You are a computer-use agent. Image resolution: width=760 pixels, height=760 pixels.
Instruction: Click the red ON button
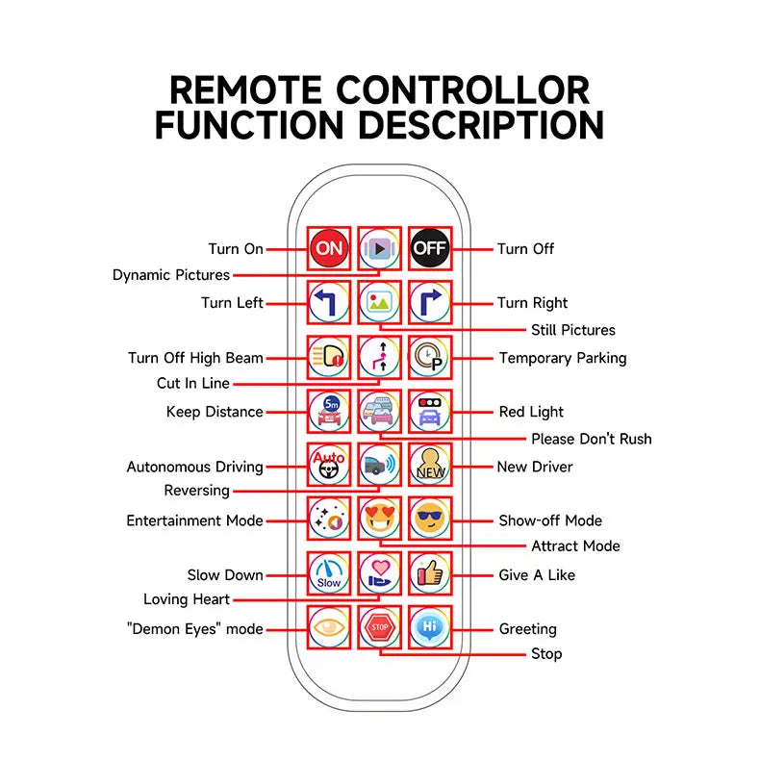point(329,248)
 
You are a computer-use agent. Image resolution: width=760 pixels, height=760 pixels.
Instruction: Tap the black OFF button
point(429,248)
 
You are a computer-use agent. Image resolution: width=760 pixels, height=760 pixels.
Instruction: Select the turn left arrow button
point(329,303)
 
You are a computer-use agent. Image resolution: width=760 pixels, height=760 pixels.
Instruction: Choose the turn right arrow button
point(429,303)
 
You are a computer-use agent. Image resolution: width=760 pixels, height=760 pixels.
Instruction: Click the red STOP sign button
point(379,627)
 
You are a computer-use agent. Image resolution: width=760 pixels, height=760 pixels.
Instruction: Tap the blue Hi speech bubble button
point(429,627)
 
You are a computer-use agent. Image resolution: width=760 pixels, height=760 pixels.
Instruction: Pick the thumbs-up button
point(429,574)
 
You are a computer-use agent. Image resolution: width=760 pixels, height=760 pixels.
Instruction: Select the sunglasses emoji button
point(429,520)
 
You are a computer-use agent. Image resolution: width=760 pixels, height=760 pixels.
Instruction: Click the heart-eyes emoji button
point(379,520)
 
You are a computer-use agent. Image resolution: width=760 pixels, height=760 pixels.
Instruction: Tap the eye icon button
point(329,627)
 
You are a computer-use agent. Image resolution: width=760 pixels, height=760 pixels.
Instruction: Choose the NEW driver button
point(429,466)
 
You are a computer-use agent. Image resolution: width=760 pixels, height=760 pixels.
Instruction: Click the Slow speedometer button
point(329,574)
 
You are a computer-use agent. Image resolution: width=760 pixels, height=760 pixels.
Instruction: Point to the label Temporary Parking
point(562,358)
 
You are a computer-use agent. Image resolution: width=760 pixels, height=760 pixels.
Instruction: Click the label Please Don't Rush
point(591,439)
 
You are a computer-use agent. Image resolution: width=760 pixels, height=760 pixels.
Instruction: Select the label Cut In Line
point(193,383)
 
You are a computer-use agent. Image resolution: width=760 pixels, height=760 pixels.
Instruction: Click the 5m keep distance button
point(329,412)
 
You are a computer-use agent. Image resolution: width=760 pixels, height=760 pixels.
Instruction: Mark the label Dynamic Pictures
point(171,275)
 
